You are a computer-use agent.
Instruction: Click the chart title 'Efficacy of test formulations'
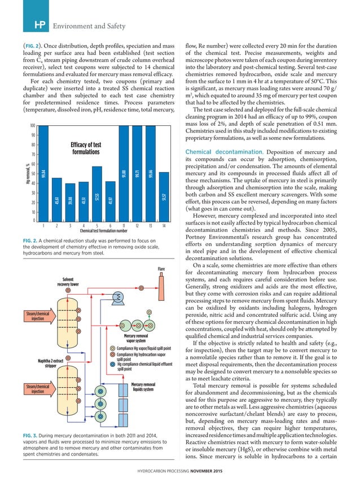pos(85,148)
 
